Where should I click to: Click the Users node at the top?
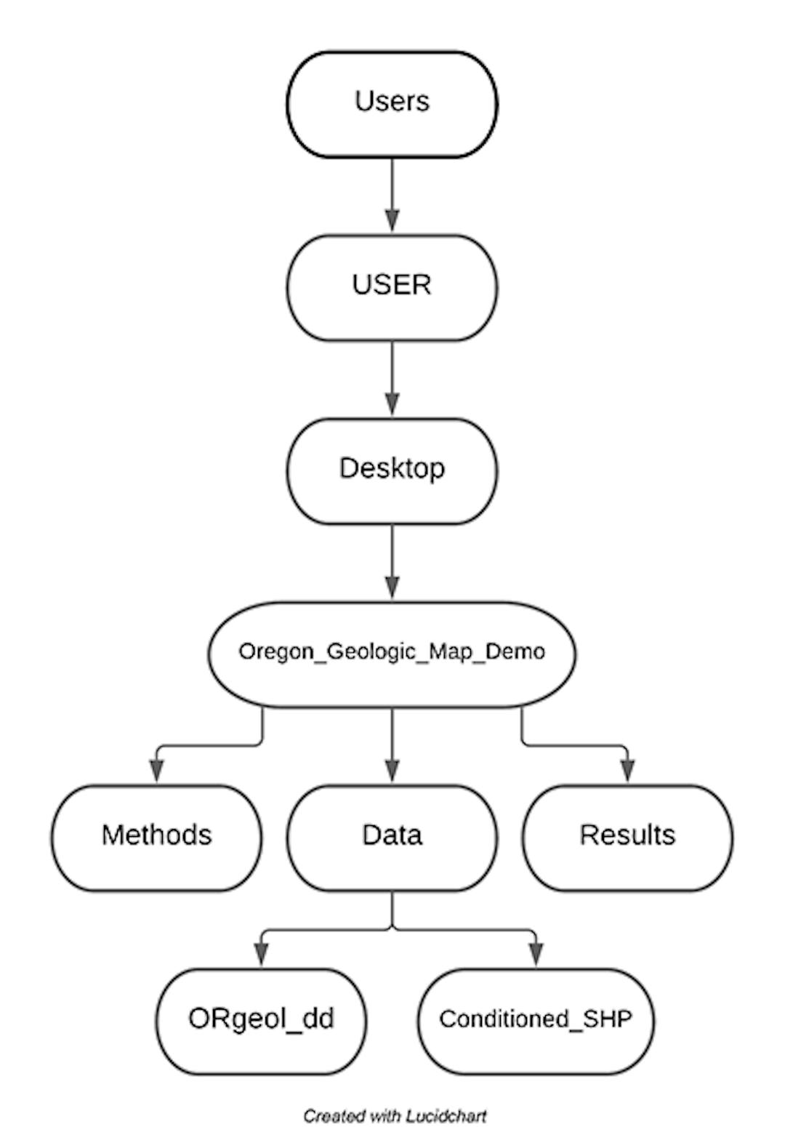click(392, 104)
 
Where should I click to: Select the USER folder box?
click(392, 287)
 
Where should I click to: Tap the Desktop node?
click(392, 470)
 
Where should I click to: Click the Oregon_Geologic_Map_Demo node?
click(392, 654)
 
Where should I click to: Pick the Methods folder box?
click(156, 837)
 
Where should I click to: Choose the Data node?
click(392, 837)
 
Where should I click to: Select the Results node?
click(627, 837)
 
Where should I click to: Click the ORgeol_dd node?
click(261, 1020)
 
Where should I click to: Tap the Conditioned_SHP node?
click(536, 1020)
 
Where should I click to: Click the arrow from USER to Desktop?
click(392, 378)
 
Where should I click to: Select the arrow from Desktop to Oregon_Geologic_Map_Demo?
click(392, 561)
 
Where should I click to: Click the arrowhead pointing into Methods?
click(156, 771)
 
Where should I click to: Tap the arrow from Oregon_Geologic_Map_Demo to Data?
click(392, 745)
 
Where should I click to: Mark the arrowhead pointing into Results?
click(627, 771)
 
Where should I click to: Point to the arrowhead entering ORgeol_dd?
click(261, 955)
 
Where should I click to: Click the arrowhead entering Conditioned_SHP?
click(536, 955)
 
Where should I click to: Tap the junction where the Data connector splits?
click(392, 929)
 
